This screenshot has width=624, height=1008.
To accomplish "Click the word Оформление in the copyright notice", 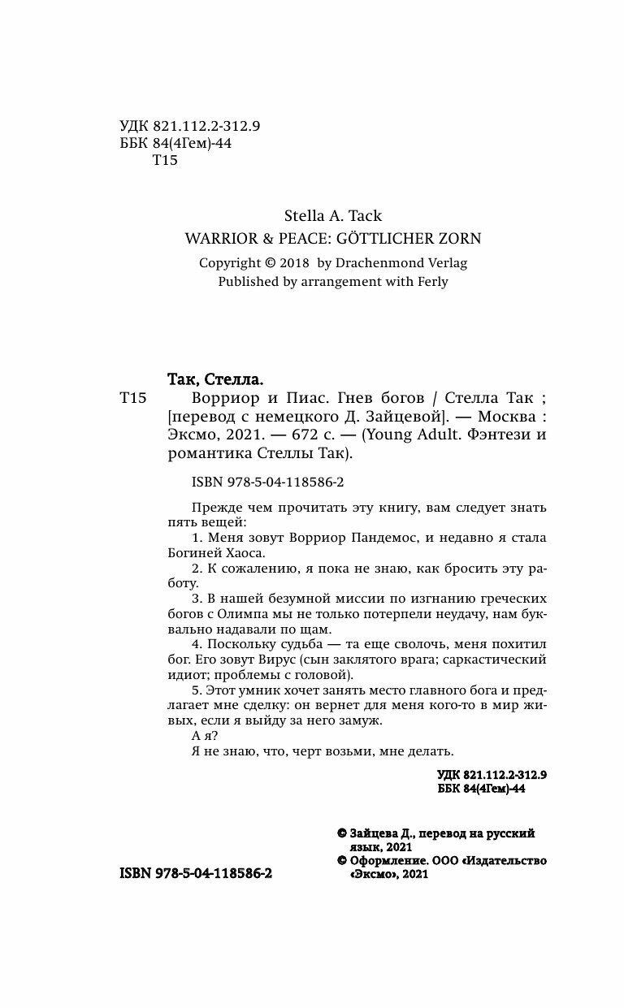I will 383,860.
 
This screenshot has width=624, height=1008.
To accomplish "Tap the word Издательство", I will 507,860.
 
